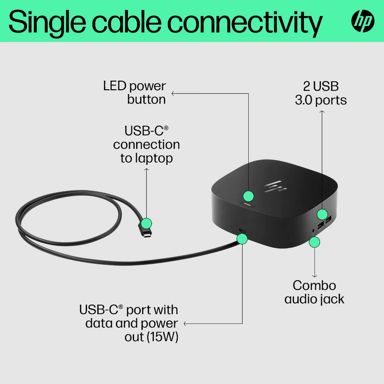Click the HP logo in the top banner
[x=363, y=21]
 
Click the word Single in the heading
[x=47, y=23]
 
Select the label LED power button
[x=134, y=93]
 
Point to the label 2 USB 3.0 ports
[x=321, y=93]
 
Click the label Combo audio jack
[x=314, y=293]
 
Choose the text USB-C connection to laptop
[x=146, y=144]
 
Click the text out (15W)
[x=151, y=337]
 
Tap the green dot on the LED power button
[x=249, y=196]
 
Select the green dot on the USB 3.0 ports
[x=322, y=214]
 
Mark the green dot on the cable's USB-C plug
[x=146, y=223]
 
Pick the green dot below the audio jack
[x=314, y=242]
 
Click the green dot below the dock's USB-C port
[x=242, y=239]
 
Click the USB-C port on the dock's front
[x=243, y=231]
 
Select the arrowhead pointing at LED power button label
[x=173, y=93]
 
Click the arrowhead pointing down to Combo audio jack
[x=314, y=276]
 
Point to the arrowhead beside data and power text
[x=185, y=324]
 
